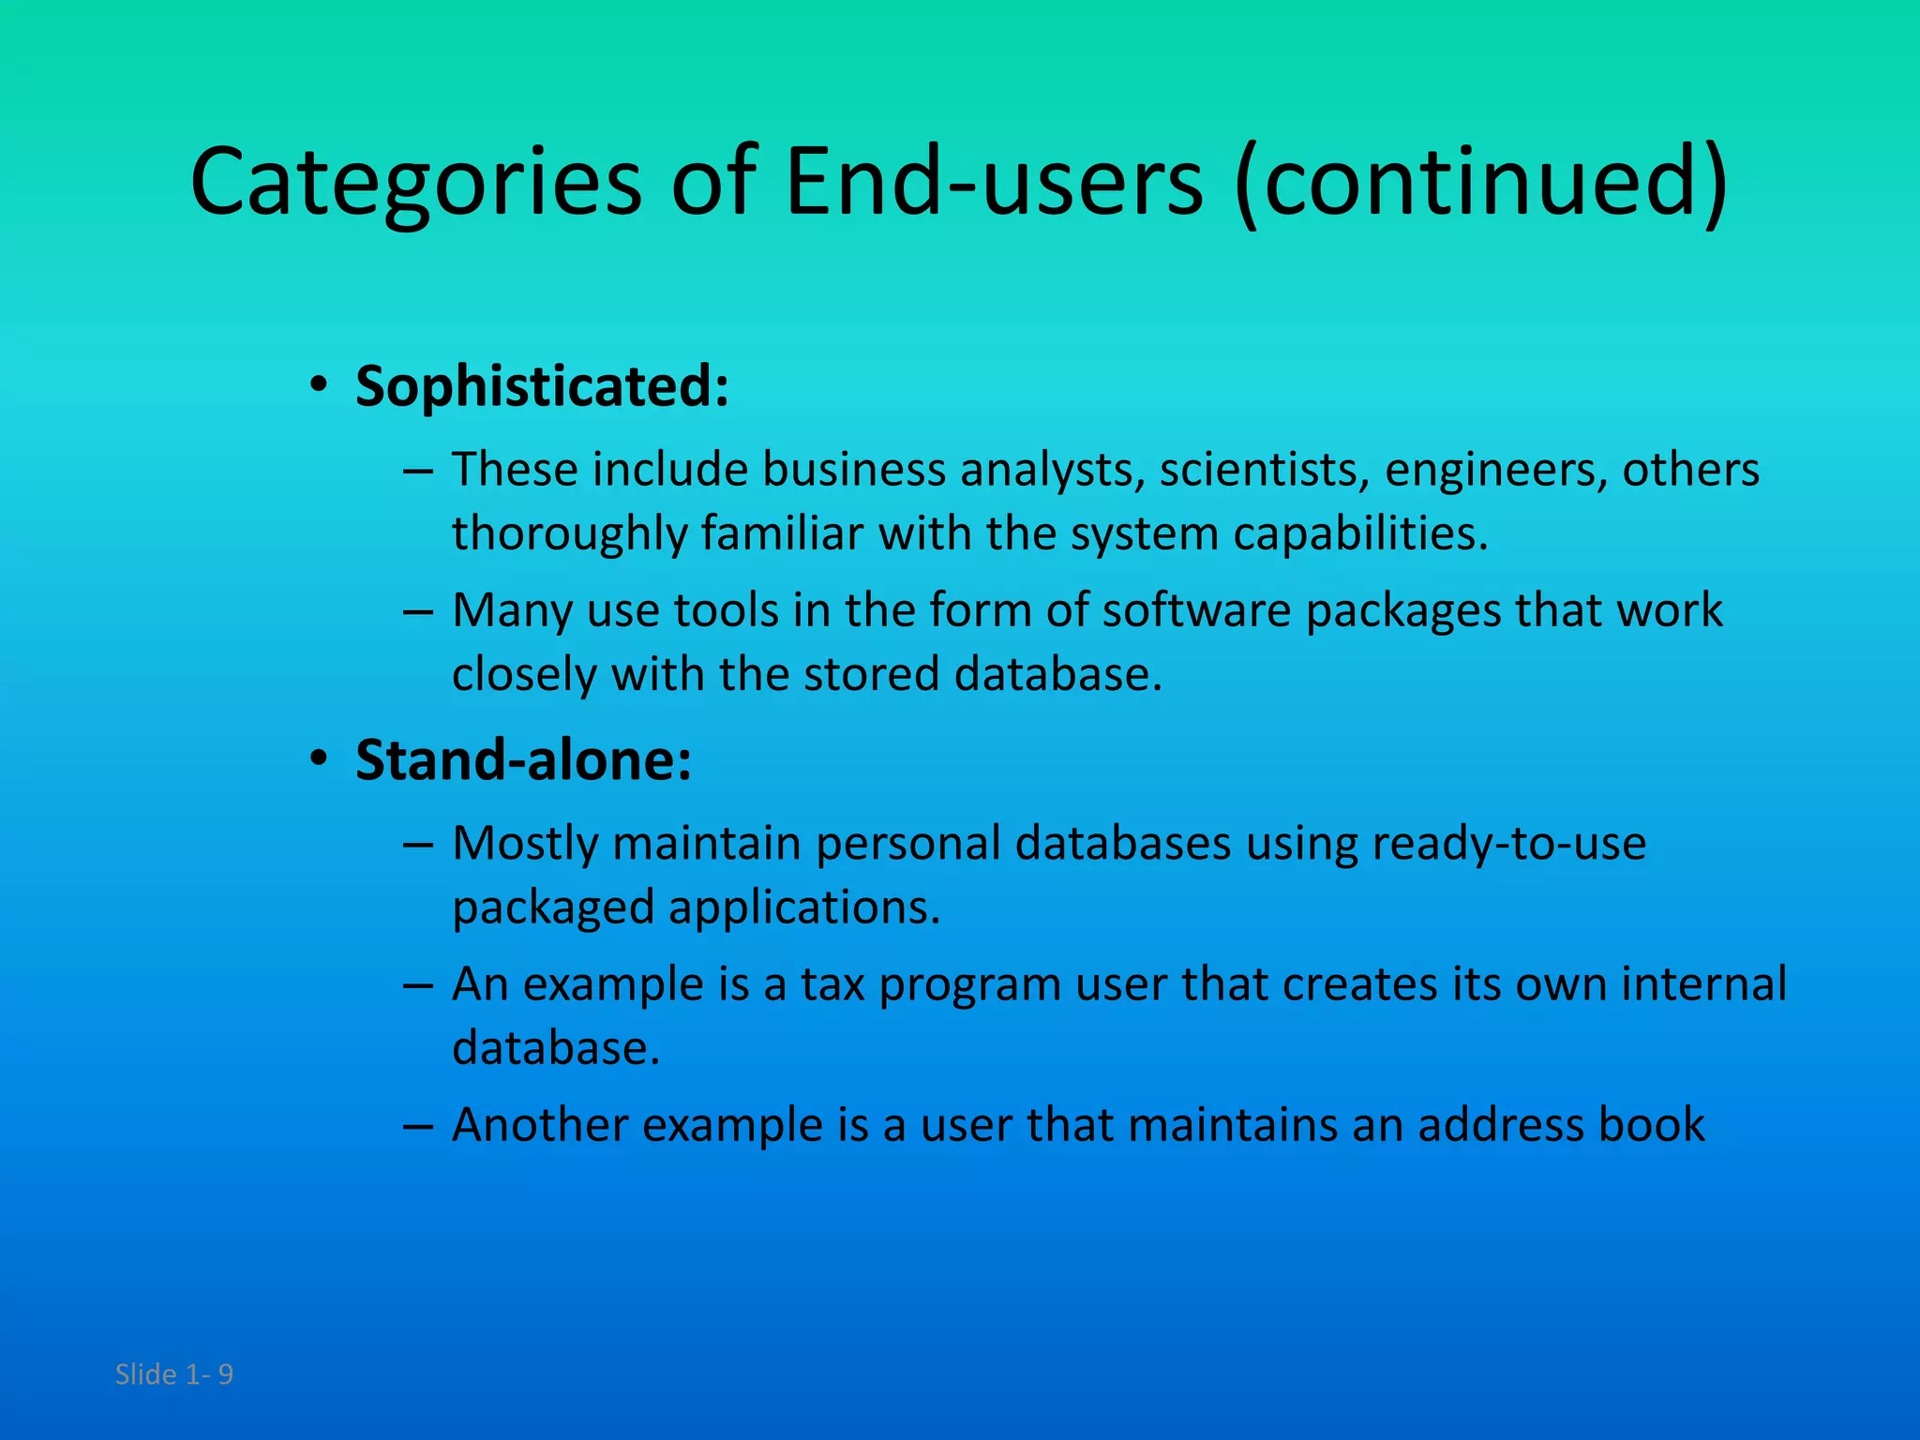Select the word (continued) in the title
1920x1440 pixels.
pos(1481,183)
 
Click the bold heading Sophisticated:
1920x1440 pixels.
pos(542,386)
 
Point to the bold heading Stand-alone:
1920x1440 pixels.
pos(523,760)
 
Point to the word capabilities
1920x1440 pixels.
pos(1359,534)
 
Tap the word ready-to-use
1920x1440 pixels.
pos(1508,844)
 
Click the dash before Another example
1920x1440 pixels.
pos(418,1125)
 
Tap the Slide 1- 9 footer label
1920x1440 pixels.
pos(174,1374)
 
